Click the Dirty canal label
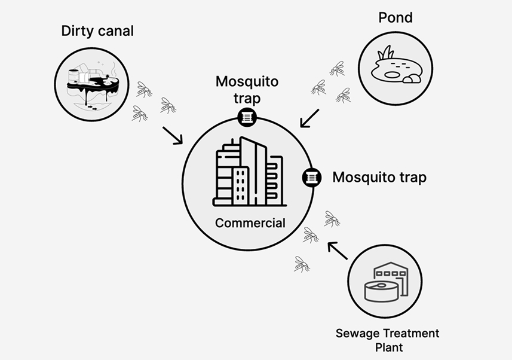(x=97, y=31)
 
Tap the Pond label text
(x=396, y=17)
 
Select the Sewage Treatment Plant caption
(x=387, y=340)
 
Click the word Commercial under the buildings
(x=250, y=223)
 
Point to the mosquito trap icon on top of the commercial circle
(x=246, y=117)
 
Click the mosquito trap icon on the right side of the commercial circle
(x=311, y=177)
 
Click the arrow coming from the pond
(x=309, y=118)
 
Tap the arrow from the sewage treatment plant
(x=338, y=250)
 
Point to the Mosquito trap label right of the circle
(x=379, y=178)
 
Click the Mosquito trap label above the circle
(x=247, y=88)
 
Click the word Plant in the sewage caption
(x=387, y=347)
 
